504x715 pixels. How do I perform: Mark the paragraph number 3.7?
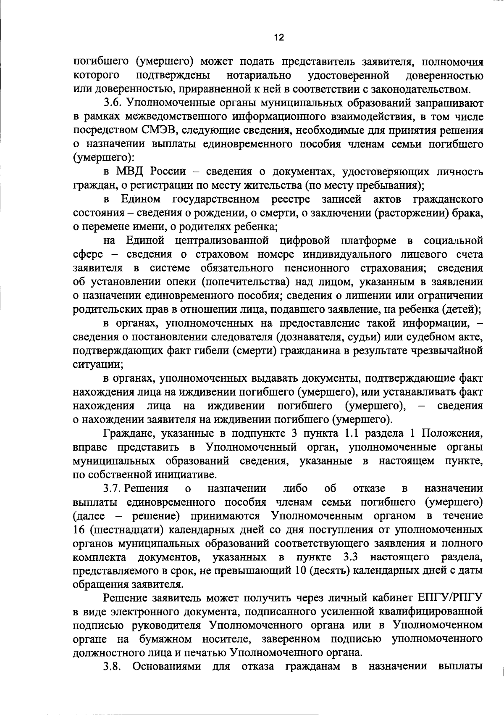point(113,488)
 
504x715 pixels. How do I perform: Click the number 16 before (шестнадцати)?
point(79,529)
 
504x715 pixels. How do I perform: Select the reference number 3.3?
point(350,557)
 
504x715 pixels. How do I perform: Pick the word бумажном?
point(165,639)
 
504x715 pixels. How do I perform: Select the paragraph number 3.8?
point(113,667)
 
